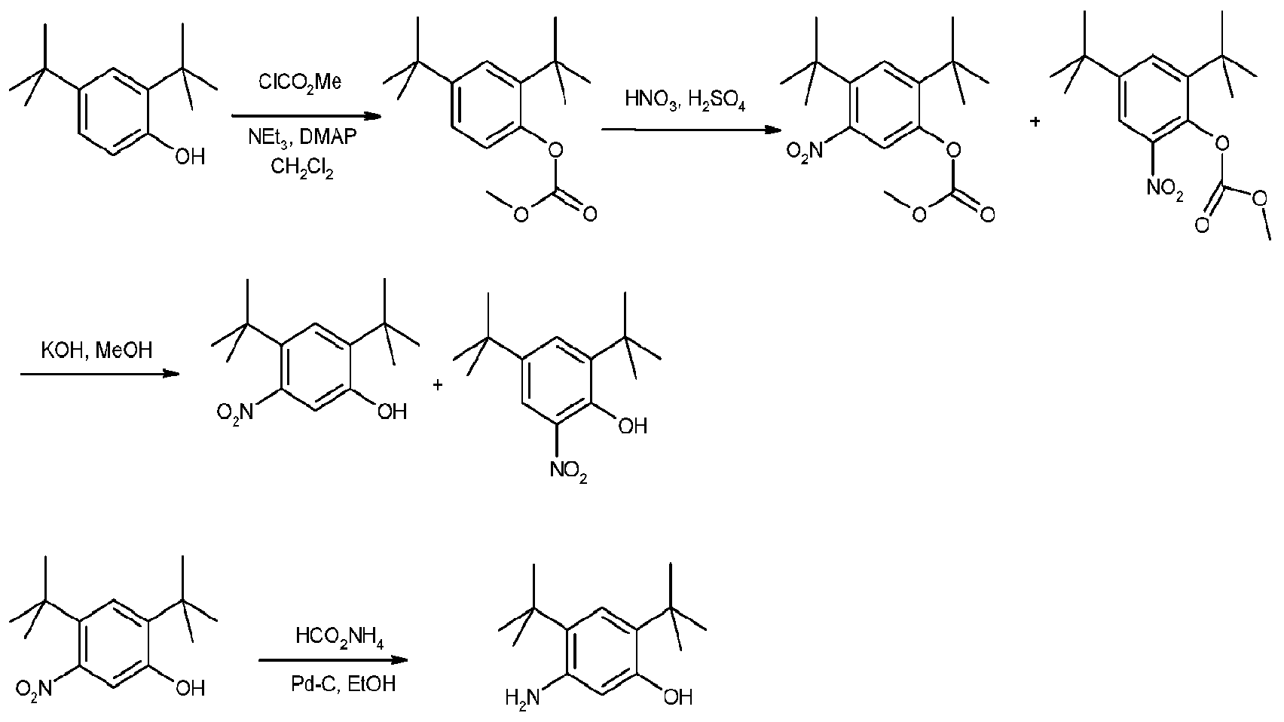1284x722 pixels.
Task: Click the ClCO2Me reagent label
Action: [300, 82]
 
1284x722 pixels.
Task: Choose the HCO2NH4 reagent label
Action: [339, 641]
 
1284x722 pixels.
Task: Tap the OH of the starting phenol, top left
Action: [189, 157]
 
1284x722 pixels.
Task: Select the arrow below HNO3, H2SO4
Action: [689, 130]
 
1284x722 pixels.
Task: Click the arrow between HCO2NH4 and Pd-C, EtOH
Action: [334, 661]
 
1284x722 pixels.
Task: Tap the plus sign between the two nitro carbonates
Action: [1035, 121]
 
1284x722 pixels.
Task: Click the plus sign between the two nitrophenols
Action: [438, 385]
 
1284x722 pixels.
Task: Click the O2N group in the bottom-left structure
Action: [34, 687]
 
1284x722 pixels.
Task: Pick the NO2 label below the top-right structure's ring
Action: [1164, 190]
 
